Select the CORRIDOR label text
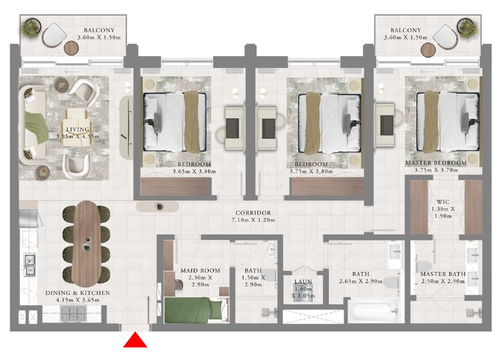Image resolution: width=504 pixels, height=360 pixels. [x=253, y=213]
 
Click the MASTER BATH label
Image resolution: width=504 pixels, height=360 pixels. [x=443, y=273]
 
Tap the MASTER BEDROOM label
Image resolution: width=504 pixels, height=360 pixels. [x=436, y=163]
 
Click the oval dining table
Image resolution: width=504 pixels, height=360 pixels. [x=86, y=244]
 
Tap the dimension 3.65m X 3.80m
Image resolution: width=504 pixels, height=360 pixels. [x=194, y=172]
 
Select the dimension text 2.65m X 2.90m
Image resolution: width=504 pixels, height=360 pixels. [x=361, y=281]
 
